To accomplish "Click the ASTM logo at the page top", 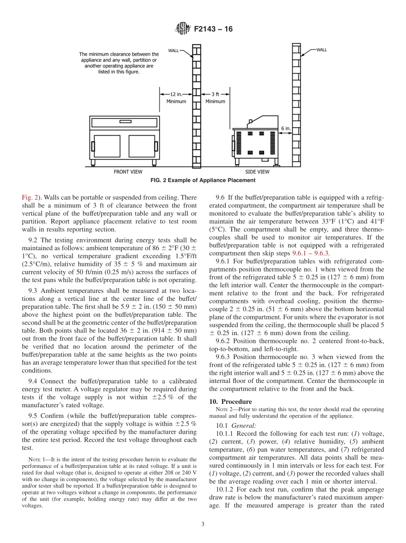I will (x=182, y=29).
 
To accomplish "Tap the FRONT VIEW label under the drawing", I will (x=128, y=172).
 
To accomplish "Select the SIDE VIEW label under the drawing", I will (x=258, y=172).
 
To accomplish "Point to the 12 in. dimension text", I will (x=176, y=94).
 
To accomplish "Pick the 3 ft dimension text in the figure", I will (x=215, y=94).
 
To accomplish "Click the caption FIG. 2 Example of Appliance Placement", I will (x=203, y=180).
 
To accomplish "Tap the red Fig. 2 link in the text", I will (x=29, y=197).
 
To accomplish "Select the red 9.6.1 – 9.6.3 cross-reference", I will (x=310, y=253).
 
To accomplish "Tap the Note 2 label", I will (x=223, y=409).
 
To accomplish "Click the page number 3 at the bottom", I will (x=203, y=524).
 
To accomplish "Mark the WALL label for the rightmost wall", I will (x=321, y=50).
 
